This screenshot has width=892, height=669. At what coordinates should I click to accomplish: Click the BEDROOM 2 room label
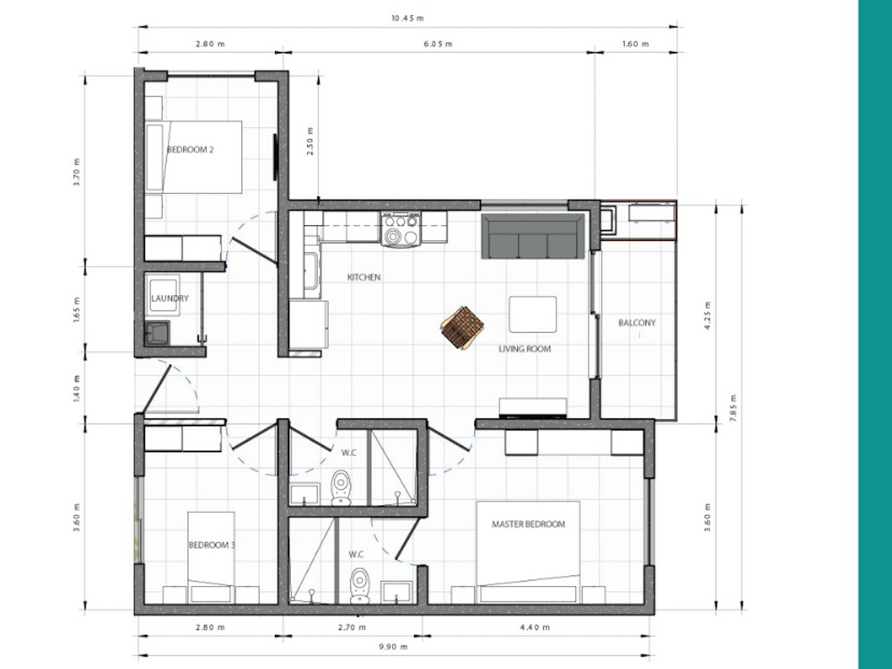[x=190, y=149]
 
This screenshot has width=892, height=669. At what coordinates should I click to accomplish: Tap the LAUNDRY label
[x=170, y=298]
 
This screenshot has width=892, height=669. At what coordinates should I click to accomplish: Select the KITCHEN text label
[x=364, y=277]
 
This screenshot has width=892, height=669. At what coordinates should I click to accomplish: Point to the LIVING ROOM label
[x=525, y=349]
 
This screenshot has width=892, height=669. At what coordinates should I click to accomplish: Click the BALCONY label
[x=637, y=323]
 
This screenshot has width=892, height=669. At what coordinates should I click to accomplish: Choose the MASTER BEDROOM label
[x=528, y=524]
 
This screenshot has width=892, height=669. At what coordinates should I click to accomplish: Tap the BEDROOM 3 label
[x=212, y=544]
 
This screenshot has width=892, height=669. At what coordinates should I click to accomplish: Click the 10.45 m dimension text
[x=408, y=19]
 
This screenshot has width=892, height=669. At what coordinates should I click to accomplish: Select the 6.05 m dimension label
[x=438, y=44]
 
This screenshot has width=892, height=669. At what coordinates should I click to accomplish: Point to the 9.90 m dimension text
[x=393, y=646]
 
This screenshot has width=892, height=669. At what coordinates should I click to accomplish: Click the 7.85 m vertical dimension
[x=733, y=408]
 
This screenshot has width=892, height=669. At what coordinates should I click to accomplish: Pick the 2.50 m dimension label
[x=310, y=141]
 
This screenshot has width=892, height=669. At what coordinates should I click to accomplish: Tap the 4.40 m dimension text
[x=535, y=627]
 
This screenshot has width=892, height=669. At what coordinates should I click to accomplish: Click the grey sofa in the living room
[x=533, y=236]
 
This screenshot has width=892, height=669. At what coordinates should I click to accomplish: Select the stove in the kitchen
[x=401, y=229]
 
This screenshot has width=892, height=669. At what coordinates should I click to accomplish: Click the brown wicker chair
[x=462, y=328]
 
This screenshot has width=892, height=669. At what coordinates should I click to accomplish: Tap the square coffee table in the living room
[x=533, y=315]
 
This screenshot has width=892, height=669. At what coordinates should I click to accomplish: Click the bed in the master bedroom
[x=528, y=552]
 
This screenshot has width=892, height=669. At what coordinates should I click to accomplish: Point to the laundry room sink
[x=157, y=333]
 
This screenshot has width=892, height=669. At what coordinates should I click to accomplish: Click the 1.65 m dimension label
[x=77, y=310]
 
